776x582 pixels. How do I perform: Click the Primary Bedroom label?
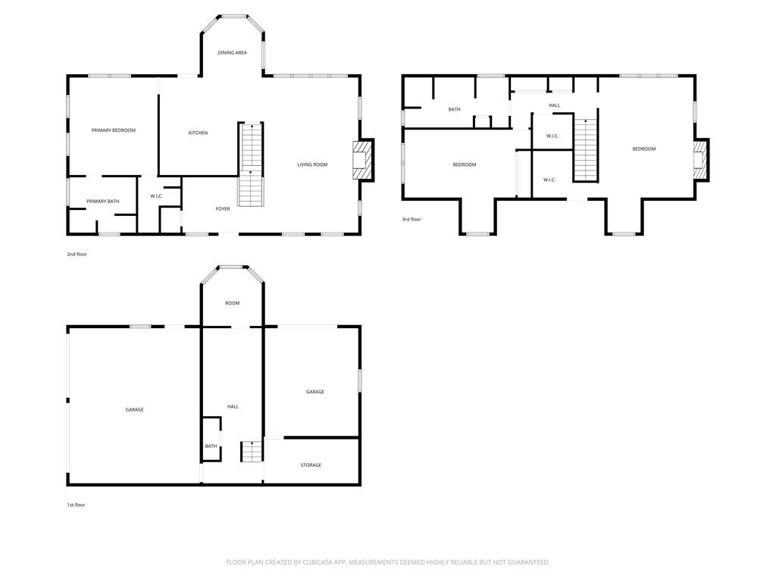click(x=114, y=130)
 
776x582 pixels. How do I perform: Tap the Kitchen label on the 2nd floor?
click(x=198, y=133)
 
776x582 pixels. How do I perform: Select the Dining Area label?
click(x=232, y=52)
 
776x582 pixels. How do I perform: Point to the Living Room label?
click(x=312, y=164)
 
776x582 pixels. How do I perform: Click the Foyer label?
click(x=223, y=209)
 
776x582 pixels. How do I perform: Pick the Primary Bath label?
click(x=103, y=202)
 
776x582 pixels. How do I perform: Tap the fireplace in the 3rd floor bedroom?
click(x=699, y=160)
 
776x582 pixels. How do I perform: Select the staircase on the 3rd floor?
click(x=586, y=150)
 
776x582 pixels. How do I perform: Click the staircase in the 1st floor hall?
click(x=252, y=452)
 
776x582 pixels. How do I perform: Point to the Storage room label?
click(x=311, y=465)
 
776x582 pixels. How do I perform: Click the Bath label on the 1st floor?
click(x=211, y=446)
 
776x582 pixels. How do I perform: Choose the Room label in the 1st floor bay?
click(x=232, y=303)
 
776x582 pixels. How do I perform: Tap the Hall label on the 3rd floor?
click(x=554, y=105)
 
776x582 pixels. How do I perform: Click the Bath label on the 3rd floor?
click(x=455, y=109)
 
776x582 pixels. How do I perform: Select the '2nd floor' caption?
click(x=77, y=255)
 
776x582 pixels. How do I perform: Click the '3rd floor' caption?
click(x=411, y=219)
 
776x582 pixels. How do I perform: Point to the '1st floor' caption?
click(x=77, y=505)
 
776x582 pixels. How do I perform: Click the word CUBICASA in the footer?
click(x=321, y=562)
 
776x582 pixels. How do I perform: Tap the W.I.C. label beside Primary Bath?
click(x=156, y=196)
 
